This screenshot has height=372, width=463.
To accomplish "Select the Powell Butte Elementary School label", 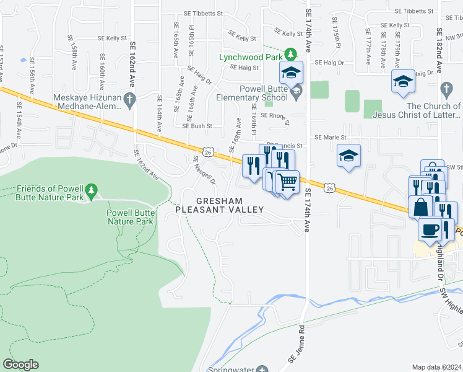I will point(252,93).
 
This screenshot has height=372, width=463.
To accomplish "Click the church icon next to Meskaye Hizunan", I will point(129,99).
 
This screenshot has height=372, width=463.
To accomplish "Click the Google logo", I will point(20,365).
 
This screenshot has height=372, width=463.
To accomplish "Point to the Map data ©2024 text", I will point(436,367).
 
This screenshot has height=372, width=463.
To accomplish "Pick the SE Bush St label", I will point(197,125).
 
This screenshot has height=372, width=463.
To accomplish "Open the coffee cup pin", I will point(430,229).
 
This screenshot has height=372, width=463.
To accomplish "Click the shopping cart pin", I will point(287,182).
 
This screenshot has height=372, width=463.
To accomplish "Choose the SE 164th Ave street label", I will point(159,112).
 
